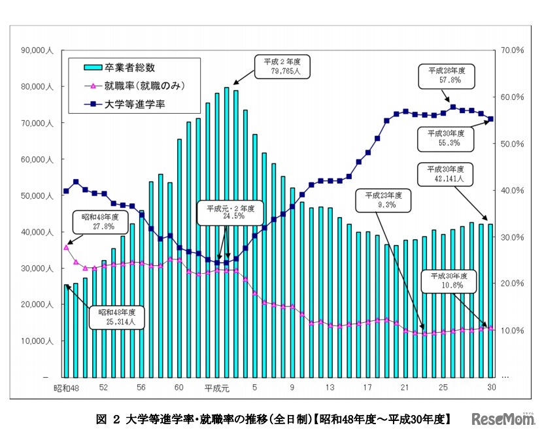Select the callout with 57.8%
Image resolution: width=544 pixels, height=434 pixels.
450,75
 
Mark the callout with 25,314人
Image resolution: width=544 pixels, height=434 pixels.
118,318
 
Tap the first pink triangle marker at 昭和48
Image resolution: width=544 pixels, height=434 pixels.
66,248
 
